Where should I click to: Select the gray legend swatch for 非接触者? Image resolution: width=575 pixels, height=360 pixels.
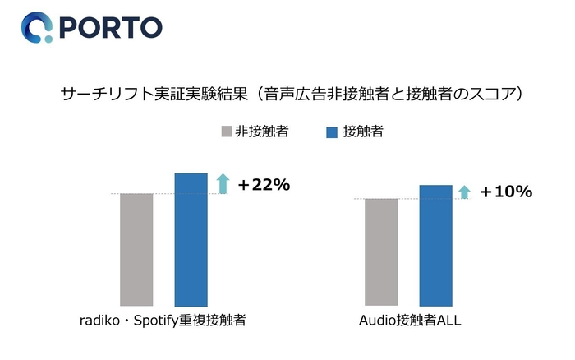(227, 132)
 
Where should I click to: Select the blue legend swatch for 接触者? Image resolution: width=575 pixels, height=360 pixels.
(332, 132)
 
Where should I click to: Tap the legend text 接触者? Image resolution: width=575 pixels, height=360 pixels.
(362, 132)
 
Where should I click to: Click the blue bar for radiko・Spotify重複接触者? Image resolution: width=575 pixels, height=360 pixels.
(191, 239)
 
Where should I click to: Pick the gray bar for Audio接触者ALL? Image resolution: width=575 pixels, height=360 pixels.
(381, 252)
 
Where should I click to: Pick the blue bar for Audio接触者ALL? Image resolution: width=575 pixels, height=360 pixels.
(435, 245)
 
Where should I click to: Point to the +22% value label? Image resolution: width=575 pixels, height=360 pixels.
(264, 185)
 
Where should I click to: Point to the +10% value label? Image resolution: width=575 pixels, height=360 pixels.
(506, 192)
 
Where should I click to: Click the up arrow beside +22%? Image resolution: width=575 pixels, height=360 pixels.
(221, 183)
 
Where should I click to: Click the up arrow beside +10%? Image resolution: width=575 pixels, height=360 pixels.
(464, 192)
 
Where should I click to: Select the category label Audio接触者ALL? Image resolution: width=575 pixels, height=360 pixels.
(407, 321)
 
